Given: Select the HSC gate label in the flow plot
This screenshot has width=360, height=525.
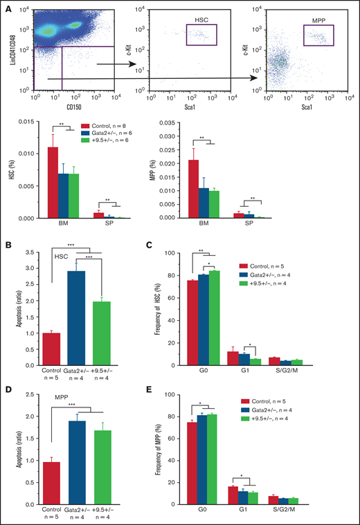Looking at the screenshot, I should click(201, 20).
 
